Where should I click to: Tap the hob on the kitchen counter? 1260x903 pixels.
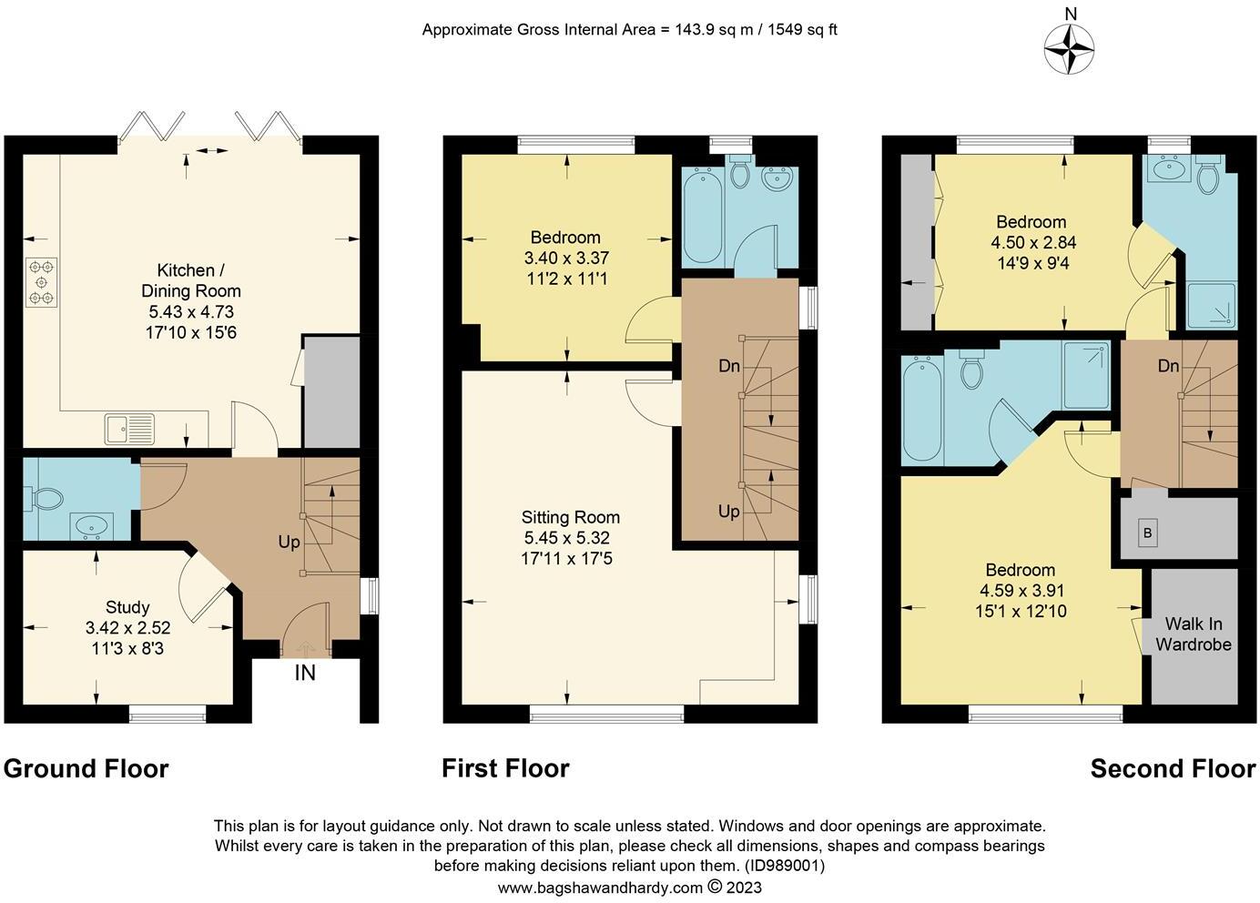point(42,282)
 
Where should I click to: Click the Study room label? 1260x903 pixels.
point(127,607)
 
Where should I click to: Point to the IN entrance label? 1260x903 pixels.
point(305,674)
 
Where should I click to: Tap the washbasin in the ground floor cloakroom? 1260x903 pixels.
point(92,525)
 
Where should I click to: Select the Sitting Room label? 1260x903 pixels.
point(571,517)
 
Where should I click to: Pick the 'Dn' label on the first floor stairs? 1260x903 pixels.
point(729,366)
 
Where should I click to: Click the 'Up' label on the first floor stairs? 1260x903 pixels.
point(729,512)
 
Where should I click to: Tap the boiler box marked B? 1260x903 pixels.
point(1147,533)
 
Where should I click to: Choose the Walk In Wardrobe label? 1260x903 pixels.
point(1194,634)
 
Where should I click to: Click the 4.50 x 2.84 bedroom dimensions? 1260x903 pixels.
point(1031,243)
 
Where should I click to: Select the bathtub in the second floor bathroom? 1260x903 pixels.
point(922,411)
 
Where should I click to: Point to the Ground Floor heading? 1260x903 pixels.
point(86,768)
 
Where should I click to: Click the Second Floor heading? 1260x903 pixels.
point(1173,768)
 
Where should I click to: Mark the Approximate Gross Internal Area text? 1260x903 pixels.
point(629,29)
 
